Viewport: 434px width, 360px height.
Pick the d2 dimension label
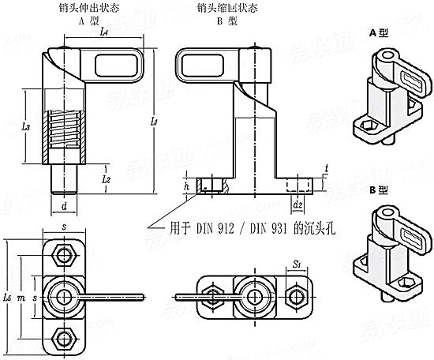[297, 206]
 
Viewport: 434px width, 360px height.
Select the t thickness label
[326, 168]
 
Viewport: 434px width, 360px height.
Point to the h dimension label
[185, 186]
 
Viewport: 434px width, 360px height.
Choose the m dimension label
[23, 297]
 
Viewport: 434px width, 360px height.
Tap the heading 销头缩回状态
[225, 7]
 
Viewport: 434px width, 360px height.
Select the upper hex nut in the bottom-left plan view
[62, 255]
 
